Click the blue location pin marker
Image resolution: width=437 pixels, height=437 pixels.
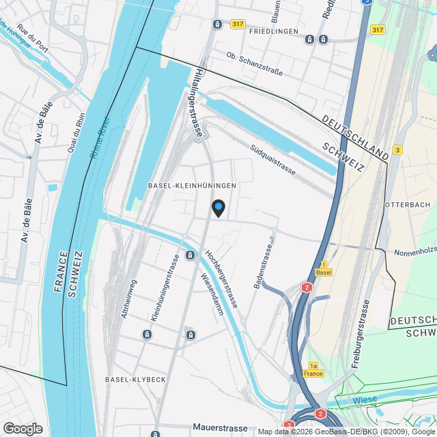pyautogui.click(x=218, y=207)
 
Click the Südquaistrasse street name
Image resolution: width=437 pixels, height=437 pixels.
pyautogui.click(x=272, y=159)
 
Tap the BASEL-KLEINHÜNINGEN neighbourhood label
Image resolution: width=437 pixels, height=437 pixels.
pyautogui.click(x=192, y=186)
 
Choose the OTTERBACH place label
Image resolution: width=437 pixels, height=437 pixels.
pyautogui.click(x=408, y=205)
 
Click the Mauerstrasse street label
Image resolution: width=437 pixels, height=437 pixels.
pyautogui.click(x=220, y=428)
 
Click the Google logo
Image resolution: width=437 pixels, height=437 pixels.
pyautogui.click(x=22, y=429)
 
